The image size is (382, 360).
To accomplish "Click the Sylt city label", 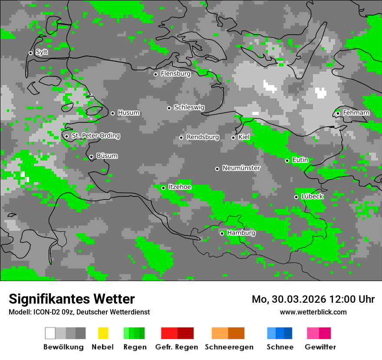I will (x=42, y=52).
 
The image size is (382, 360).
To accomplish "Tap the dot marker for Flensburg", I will (x=155, y=74).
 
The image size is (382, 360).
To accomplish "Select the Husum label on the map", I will (x=128, y=113).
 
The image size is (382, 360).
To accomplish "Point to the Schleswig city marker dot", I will (x=169, y=108).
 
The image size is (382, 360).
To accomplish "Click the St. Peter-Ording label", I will (x=95, y=136).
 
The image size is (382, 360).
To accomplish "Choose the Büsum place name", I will (x=107, y=156).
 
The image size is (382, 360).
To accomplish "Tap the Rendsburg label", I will (x=203, y=137).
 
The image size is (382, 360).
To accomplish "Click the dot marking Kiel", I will (x=233, y=137).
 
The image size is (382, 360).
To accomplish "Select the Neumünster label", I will (x=241, y=168).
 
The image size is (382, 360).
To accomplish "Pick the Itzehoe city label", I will (x=180, y=187).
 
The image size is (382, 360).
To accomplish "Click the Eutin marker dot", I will (x=287, y=160).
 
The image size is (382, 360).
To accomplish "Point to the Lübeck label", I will (x=312, y=196).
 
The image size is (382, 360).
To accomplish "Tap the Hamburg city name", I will (x=241, y=233).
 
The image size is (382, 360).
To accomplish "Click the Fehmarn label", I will (x=356, y=113).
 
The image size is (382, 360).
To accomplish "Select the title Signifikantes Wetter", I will (x=72, y=299).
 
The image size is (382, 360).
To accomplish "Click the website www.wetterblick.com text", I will (x=313, y=312).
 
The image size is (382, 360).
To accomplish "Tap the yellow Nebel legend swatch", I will (x=103, y=333).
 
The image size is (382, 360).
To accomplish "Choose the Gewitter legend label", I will (x=320, y=347).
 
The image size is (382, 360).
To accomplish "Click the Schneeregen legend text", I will (x=229, y=347).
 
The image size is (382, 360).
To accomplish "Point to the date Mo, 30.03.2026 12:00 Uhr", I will (x=313, y=299).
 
